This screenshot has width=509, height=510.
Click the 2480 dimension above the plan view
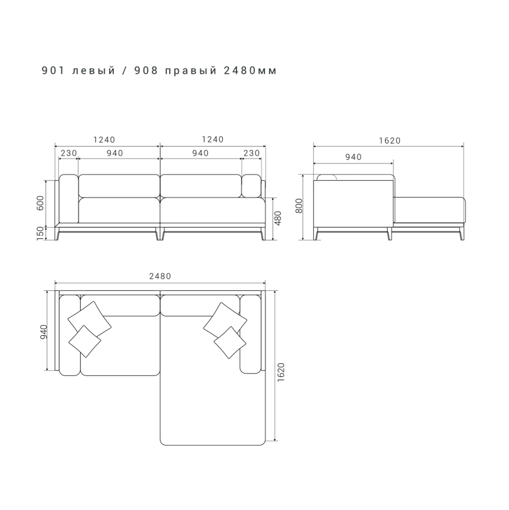(160, 276)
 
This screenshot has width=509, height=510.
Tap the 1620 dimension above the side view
(390, 141)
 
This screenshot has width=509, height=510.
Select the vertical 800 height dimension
(299, 206)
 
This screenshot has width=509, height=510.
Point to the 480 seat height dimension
(278, 219)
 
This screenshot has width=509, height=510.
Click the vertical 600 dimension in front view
(40, 203)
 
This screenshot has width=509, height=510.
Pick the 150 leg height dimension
(40, 233)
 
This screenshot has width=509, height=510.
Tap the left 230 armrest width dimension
(69, 153)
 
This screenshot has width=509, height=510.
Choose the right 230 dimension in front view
(251, 153)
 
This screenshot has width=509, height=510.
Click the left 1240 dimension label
(104, 140)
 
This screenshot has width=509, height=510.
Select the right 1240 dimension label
(213, 139)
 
